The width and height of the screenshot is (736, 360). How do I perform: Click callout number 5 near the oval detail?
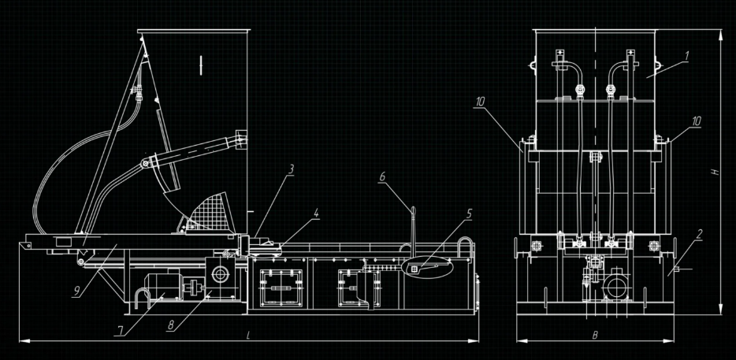470,213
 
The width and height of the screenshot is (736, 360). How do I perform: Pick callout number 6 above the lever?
382,179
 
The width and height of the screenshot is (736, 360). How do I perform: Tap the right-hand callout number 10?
695,121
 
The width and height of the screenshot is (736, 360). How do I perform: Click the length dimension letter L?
248,335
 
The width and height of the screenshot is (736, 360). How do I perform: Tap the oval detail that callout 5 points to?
428,269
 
